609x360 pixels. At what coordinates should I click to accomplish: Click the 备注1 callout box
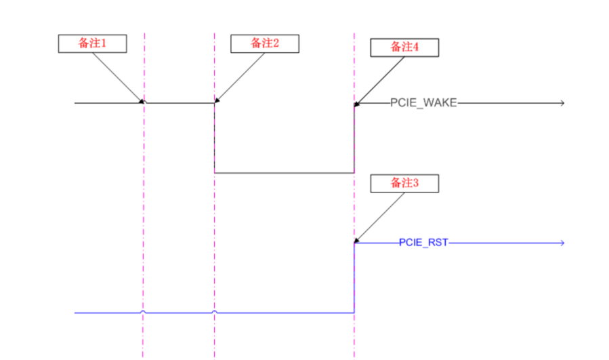tap(92, 43)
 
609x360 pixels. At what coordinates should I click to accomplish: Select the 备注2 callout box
tap(265, 43)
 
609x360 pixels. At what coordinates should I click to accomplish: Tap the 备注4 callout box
tap(404, 47)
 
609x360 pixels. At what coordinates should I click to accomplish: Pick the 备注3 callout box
tap(404, 183)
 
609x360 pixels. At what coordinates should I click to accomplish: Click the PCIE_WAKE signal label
tap(424, 103)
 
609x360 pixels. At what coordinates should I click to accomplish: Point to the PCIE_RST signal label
tap(423, 242)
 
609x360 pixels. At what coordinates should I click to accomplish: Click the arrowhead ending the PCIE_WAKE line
tap(561, 103)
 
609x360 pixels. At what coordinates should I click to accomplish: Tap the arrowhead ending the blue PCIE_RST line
tap(561, 242)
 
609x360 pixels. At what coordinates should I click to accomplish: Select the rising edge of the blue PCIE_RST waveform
tap(354, 278)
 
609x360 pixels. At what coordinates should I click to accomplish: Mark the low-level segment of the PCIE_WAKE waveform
tap(285, 173)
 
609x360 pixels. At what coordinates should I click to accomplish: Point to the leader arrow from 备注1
tap(117, 76)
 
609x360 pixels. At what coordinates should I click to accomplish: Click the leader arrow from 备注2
tap(240, 76)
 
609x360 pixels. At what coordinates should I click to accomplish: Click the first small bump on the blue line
tap(143, 312)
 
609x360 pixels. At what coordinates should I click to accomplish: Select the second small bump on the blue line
tap(215, 312)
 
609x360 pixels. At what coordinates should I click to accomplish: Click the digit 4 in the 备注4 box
tap(415, 47)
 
